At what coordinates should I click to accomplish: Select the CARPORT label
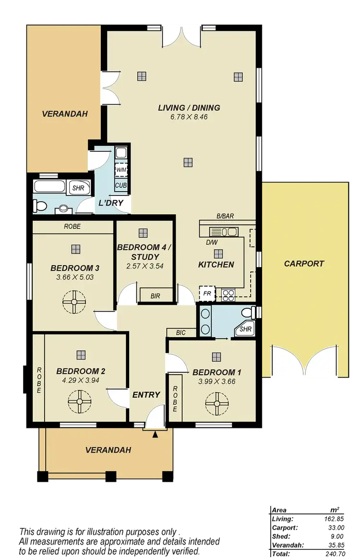[304, 264]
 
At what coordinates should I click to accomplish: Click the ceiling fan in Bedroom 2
[80, 398]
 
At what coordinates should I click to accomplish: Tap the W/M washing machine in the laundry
[120, 170]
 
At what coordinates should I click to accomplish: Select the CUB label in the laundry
[120, 184]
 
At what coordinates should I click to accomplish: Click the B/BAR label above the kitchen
[224, 217]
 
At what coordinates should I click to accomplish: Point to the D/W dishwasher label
[212, 243]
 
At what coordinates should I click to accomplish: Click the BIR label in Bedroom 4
[155, 296]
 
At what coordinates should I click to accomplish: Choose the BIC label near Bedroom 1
[181, 332]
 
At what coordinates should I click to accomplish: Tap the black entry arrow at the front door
[155, 435]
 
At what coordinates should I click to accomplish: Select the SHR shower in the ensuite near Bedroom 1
[245, 329]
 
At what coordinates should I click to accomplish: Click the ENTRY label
[146, 395]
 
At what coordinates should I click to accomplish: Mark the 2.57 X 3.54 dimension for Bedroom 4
[142, 266]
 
